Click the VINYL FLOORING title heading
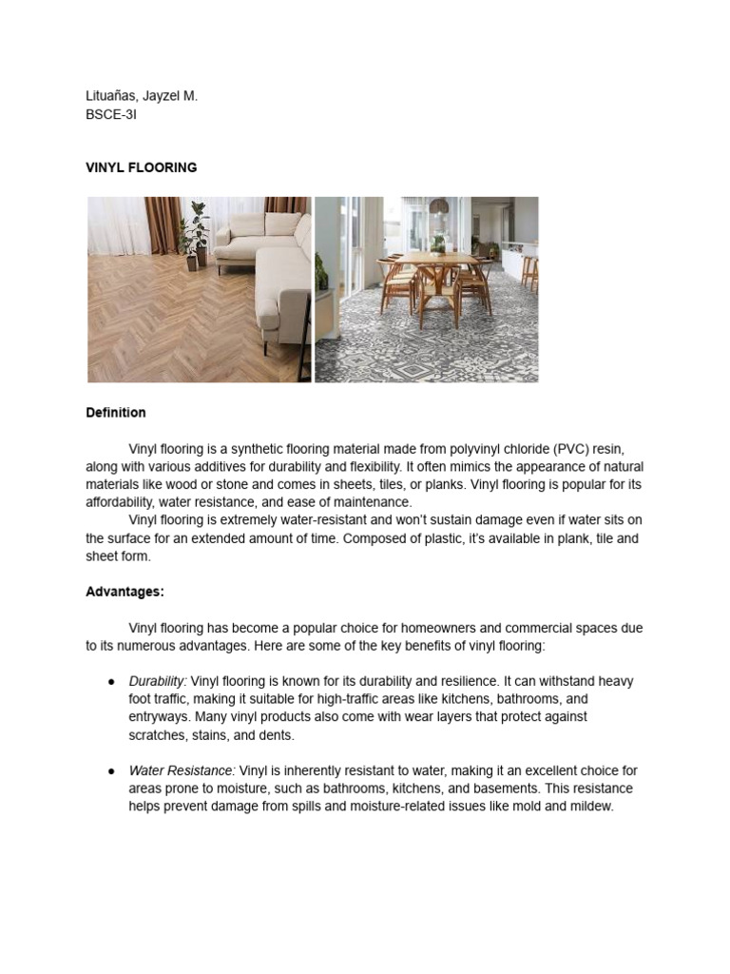coord(141,167)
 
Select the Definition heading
coord(115,413)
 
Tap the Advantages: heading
coord(125,592)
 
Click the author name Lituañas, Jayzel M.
coord(142,96)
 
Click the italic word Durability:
coord(158,681)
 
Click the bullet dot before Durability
coord(111,682)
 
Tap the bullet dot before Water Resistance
coord(111,771)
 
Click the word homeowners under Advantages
coord(417,628)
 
